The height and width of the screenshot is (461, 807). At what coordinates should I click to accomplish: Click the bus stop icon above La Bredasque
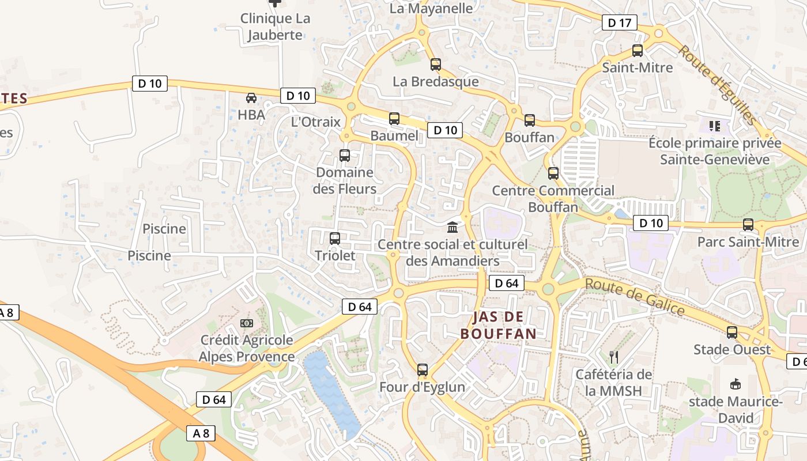pos(436,65)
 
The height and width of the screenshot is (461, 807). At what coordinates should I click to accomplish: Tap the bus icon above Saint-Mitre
pos(638,51)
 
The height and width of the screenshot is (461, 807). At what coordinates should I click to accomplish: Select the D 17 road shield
pos(620,23)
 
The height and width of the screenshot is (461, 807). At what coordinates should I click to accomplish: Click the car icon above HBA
pos(251,98)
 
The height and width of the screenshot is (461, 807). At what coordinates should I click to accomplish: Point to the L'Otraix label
pos(316,122)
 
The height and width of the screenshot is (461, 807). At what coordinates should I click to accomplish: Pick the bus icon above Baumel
pos(394,119)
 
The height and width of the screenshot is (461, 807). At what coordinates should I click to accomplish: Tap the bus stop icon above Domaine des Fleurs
pos(345,156)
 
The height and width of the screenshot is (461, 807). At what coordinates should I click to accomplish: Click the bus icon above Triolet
pos(335,238)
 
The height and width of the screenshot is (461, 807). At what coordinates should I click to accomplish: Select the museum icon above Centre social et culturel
pos(452,227)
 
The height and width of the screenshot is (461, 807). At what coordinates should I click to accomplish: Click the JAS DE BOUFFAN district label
pos(499,325)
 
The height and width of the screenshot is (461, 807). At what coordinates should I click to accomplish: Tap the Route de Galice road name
pos(635,297)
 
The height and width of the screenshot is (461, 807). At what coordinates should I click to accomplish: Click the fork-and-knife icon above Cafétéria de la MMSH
pos(614,357)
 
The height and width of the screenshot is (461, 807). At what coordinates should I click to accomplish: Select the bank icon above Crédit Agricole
pos(247,323)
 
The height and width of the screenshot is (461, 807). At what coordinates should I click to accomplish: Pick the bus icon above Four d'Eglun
pos(423,370)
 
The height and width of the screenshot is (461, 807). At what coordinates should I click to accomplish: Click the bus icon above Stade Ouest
pos(732,332)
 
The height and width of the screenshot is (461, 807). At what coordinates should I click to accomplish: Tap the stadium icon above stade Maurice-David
pos(736,384)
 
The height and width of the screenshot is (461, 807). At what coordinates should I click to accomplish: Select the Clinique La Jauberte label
pos(275,27)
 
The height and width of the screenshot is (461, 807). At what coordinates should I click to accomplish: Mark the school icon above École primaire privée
pos(715,126)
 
